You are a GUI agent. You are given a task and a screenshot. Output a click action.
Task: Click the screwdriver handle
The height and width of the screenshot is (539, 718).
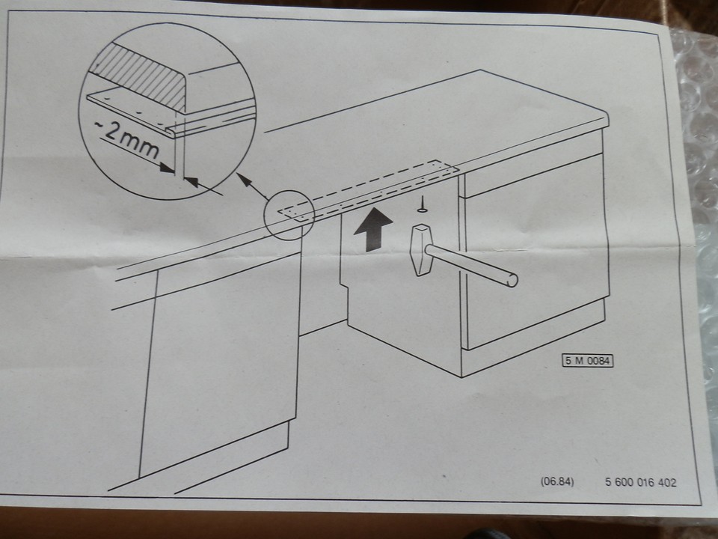(x=421, y=249)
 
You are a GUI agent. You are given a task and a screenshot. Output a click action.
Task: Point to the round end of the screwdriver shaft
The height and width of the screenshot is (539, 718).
(x=512, y=281)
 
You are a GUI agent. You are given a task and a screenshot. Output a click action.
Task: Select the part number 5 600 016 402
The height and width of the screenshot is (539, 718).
(x=639, y=482)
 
